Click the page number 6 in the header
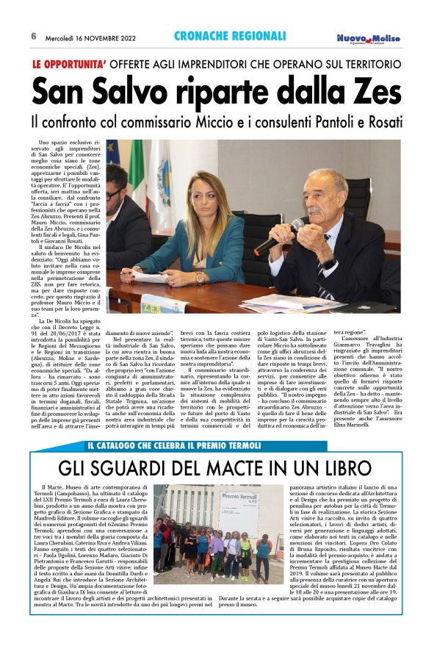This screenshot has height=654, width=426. (34, 36)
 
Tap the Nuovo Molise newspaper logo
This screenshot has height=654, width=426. (369, 38)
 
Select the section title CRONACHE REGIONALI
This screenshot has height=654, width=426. (230, 36)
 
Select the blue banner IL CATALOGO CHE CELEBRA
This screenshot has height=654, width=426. (170, 444)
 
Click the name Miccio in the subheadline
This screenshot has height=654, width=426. (227, 119)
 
